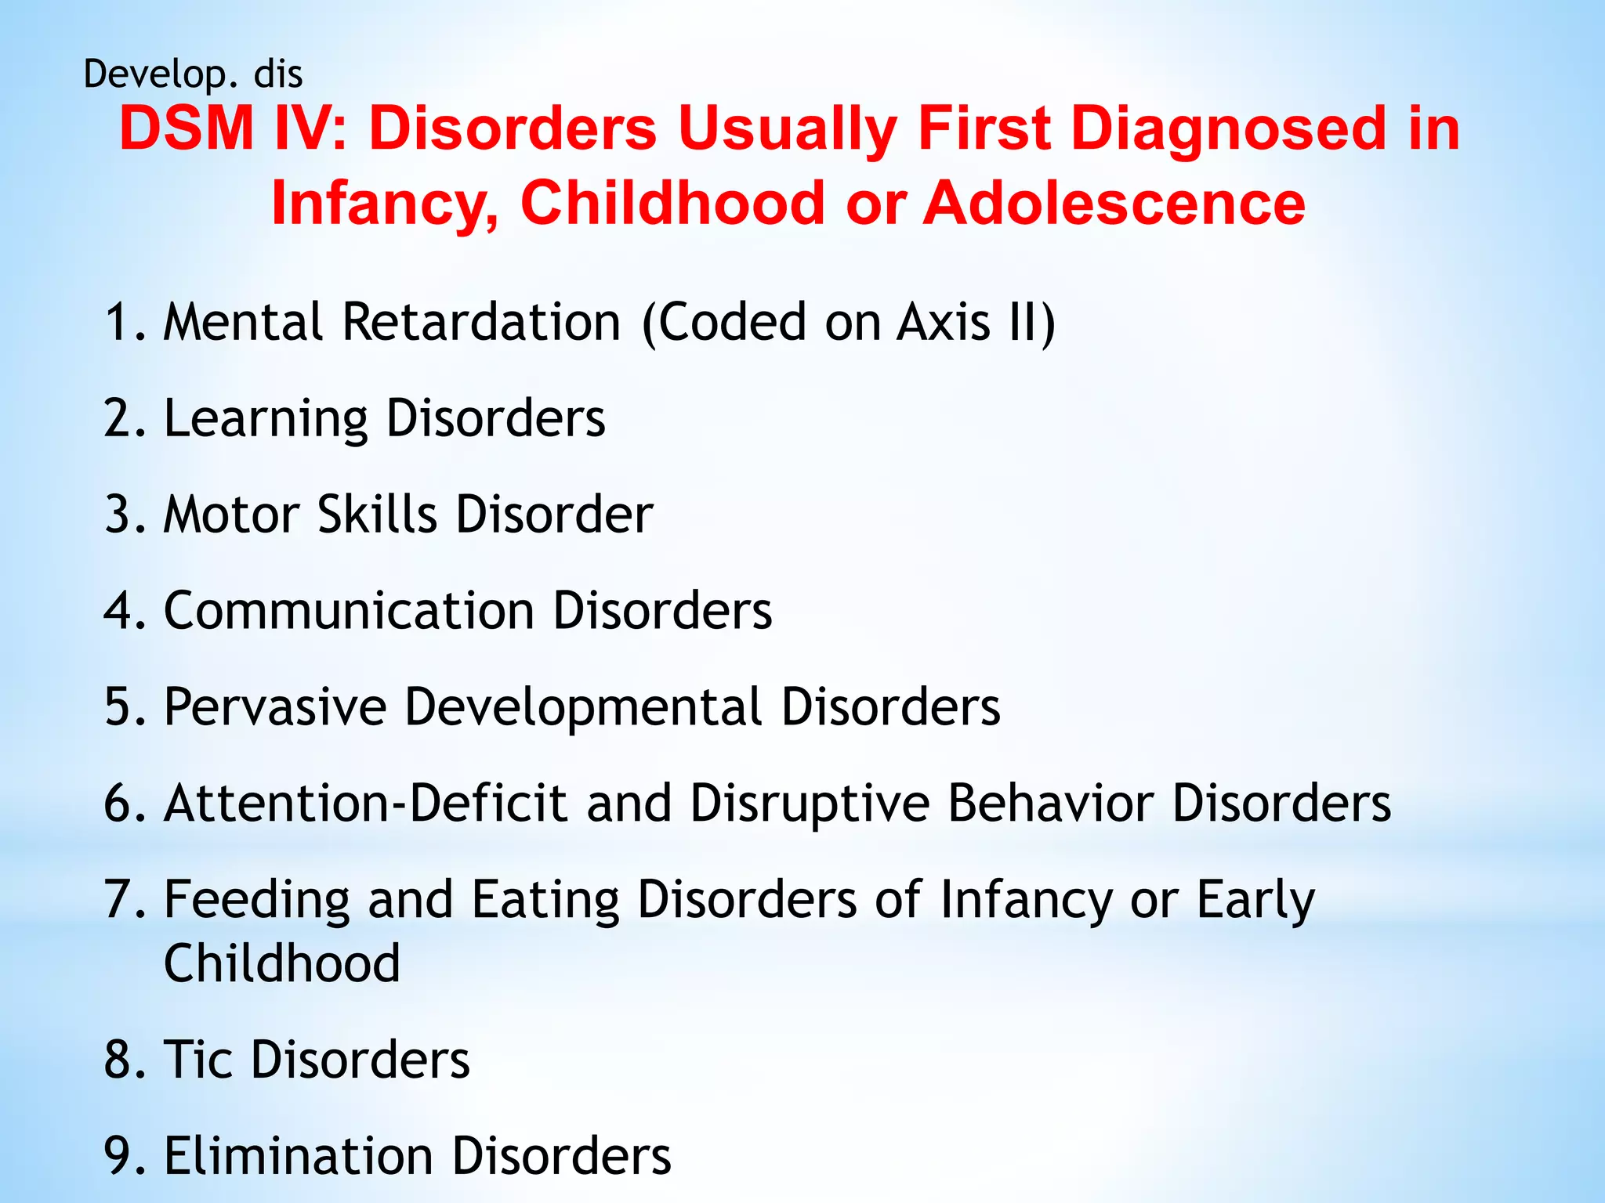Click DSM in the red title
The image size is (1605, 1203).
click(x=187, y=128)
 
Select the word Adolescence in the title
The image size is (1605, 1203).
click(x=1114, y=203)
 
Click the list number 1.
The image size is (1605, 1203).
click(x=119, y=323)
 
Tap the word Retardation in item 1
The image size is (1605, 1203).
click(x=481, y=323)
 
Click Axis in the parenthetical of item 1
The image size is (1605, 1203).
click(x=944, y=323)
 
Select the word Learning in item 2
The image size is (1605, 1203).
click(x=265, y=420)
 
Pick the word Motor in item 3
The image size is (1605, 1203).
click(x=231, y=515)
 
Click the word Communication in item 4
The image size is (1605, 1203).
click(x=349, y=611)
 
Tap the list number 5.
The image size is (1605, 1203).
click(x=120, y=707)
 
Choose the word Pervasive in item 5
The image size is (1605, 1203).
click(x=275, y=707)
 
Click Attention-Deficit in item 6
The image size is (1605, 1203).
click(x=365, y=804)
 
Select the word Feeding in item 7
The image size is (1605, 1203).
click(x=256, y=901)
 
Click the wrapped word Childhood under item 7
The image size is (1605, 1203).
click(x=282, y=964)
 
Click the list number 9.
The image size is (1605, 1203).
click(x=120, y=1156)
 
